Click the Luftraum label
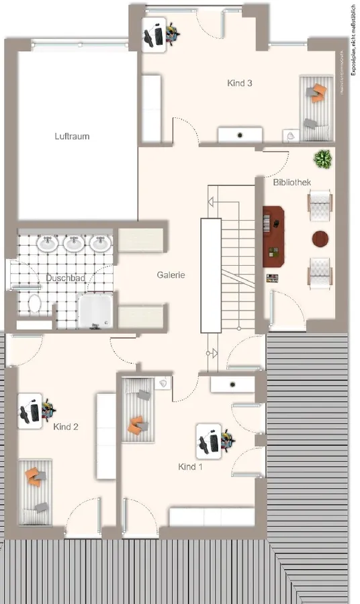coord(72,136)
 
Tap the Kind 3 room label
coord(240,84)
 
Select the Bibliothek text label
coord(291,182)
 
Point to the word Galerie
coord(171,274)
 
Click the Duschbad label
coord(63,278)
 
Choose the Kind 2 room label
coord(69,425)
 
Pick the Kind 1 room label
coord(190,466)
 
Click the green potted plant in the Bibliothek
coord(323,159)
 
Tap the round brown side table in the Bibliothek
coord(320,238)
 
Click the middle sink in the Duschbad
coord(74,243)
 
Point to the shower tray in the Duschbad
coord(94,312)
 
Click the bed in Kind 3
coord(316,107)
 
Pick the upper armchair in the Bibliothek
coord(320,206)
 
